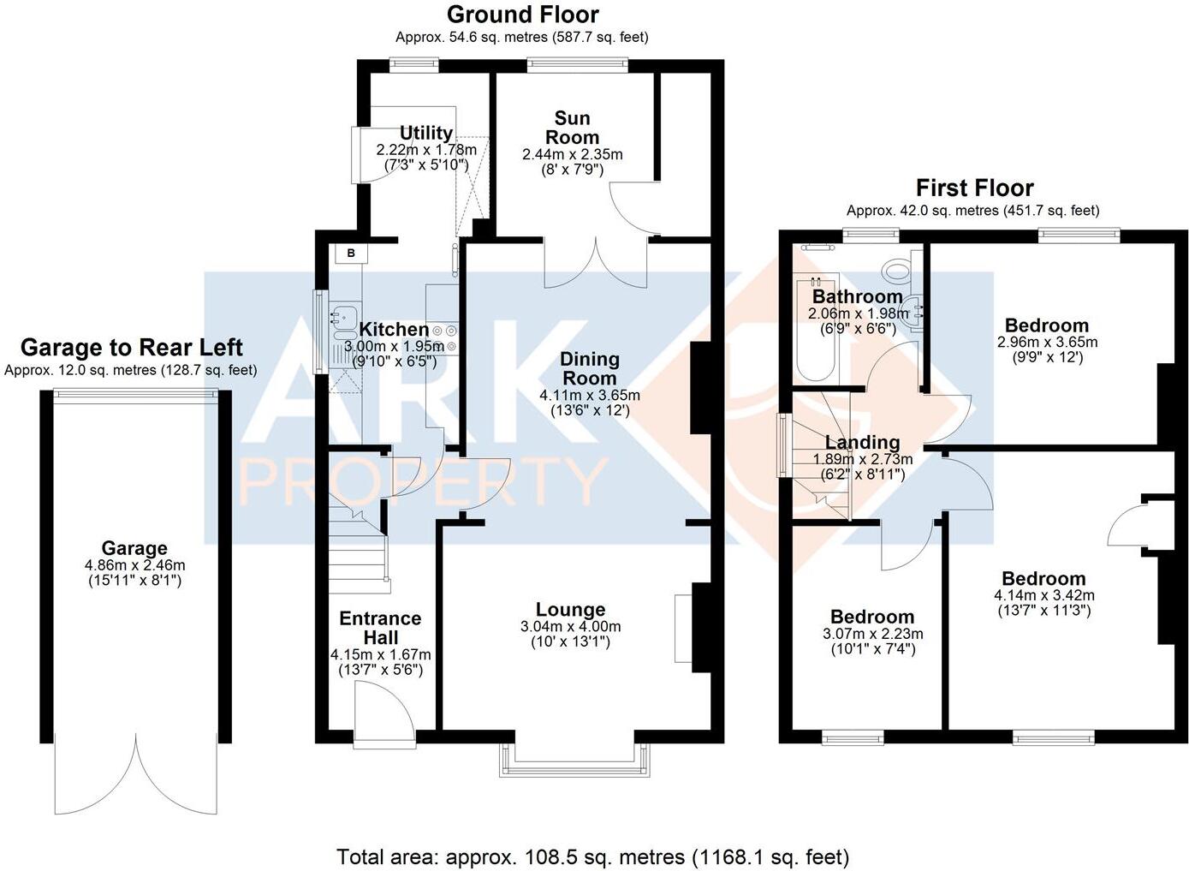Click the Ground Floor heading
(x=522, y=15)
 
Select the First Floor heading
(x=974, y=188)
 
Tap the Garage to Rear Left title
(x=131, y=348)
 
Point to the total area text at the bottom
(x=593, y=856)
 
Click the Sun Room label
(x=572, y=128)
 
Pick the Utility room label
(x=425, y=133)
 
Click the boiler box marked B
(x=350, y=254)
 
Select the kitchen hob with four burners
(x=444, y=338)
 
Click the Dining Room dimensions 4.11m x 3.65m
(x=589, y=396)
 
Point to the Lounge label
(x=570, y=610)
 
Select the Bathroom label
(x=857, y=296)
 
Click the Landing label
(x=862, y=442)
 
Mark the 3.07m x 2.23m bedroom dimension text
(x=872, y=635)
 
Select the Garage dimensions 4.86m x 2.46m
(x=134, y=565)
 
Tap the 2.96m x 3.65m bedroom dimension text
(x=1046, y=342)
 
